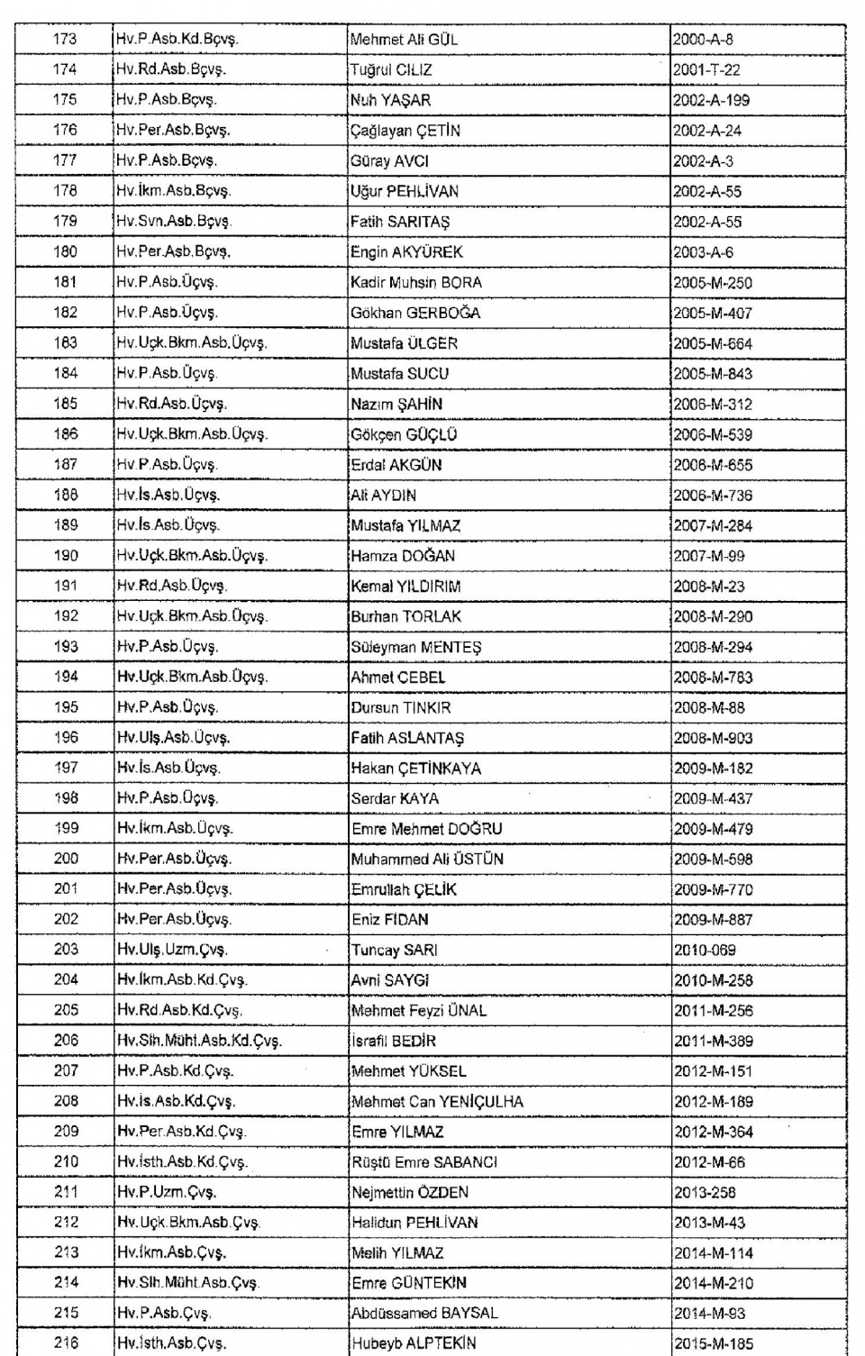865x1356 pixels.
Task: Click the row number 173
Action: [x=65, y=39]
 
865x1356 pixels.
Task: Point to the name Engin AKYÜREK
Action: [x=406, y=252]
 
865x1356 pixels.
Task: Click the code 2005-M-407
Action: [x=712, y=314]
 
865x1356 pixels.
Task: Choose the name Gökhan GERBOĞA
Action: [x=415, y=313]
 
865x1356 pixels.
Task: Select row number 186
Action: [x=65, y=433]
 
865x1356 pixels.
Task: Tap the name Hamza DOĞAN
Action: [x=403, y=556]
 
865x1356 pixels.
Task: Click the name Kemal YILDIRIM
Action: [x=405, y=587]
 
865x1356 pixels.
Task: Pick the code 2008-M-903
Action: [x=713, y=738]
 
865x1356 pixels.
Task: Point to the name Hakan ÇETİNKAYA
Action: [x=416, y=769]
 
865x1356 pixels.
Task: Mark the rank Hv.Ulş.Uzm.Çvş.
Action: [x=171, y=950]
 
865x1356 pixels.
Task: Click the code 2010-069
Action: [x=705, y=950]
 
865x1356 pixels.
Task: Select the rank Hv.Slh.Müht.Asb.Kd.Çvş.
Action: [x=199, y=1041]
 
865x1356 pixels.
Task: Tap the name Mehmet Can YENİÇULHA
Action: [x=437, y=1101]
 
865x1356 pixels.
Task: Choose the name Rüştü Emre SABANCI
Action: [x=424, y=1162]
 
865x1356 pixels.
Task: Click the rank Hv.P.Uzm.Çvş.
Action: [x=166, y=1192]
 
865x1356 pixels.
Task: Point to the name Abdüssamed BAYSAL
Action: [x=424, y=1313]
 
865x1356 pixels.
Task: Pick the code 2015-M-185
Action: [x=713, y=1343]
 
